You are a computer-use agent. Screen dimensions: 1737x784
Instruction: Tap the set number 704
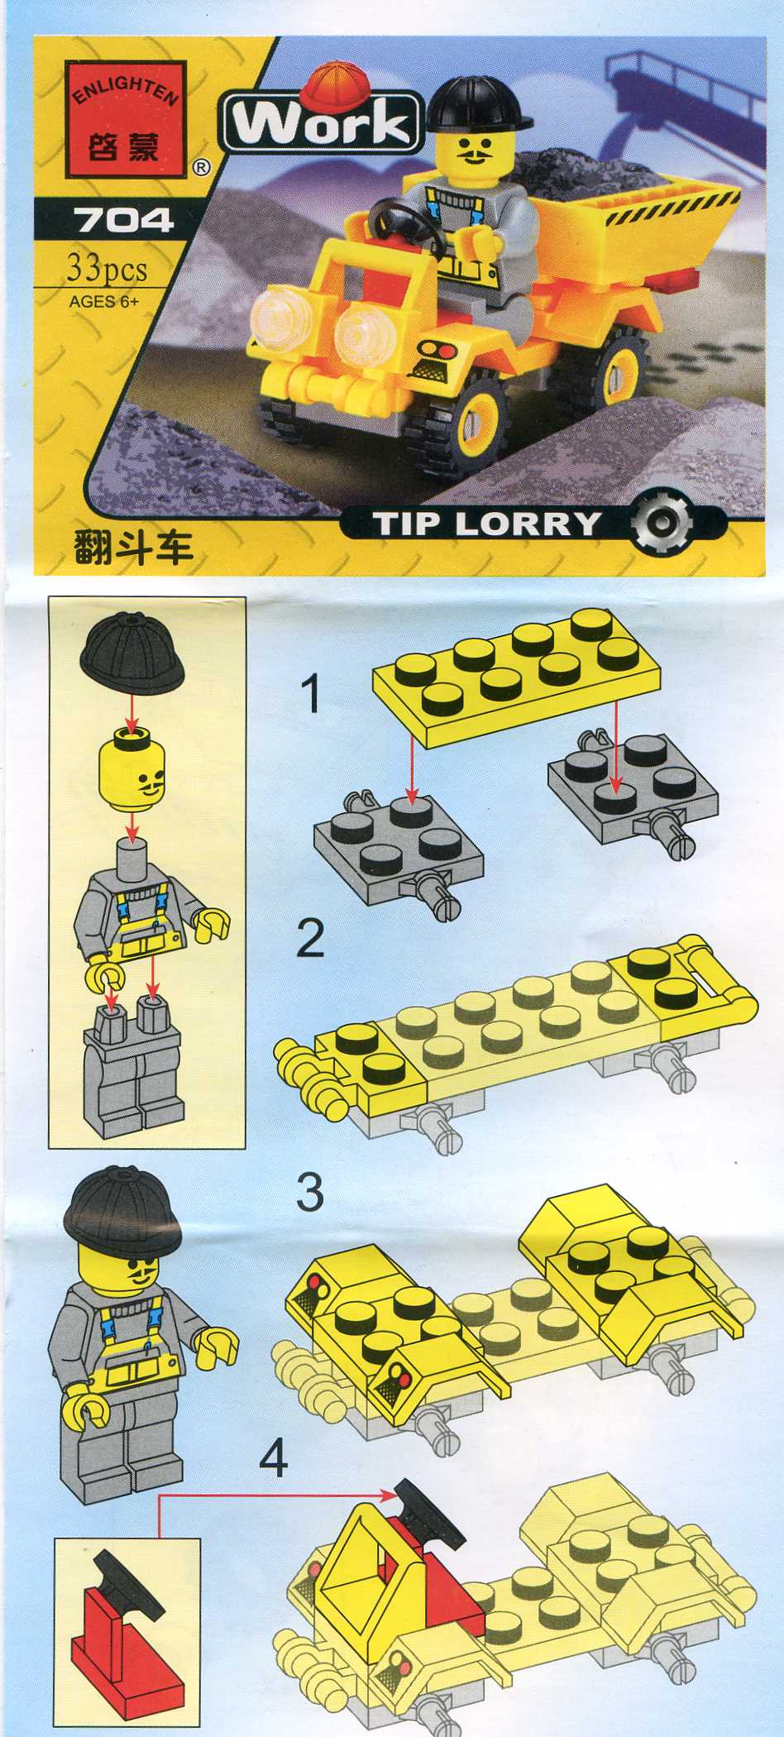point(123,221)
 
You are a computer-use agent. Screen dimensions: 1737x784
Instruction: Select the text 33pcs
point(108,269)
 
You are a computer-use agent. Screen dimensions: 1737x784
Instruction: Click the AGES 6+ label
point(103,301)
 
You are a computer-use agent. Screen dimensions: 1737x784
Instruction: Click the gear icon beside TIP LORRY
point(661,524)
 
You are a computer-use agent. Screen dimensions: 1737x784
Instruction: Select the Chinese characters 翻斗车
point(132,547)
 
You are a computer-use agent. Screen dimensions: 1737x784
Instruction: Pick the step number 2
point(309,939)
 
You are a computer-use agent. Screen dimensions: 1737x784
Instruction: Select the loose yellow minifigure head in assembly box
point(131,770)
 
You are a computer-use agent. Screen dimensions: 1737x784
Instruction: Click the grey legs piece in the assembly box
point(132,1068)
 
